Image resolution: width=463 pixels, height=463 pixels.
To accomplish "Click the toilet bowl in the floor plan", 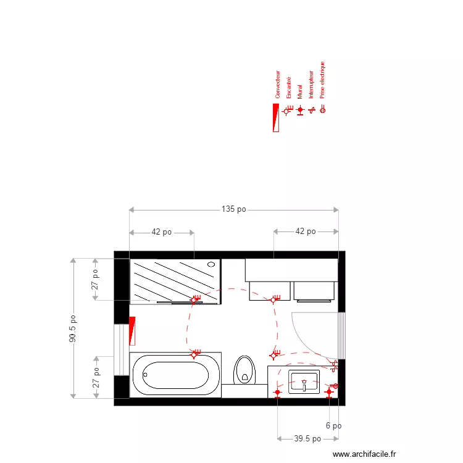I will (x=245, y=370).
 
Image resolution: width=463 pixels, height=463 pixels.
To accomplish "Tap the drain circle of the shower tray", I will (x=211, y=264).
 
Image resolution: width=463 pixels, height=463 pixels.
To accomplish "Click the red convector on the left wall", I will (x=131, y=331).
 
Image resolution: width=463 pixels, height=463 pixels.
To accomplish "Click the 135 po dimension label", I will (x=233, y=209).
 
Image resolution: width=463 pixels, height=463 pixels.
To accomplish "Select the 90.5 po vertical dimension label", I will (x=73, y=329).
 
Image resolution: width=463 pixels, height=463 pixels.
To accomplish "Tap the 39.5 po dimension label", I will (x=307, y=439).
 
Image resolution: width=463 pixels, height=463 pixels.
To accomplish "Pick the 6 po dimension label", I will (x=333, y=425).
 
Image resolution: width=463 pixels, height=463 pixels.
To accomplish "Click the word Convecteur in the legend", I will (x=278, y=85).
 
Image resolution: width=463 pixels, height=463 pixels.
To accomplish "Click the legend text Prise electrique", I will (x=322, y=80).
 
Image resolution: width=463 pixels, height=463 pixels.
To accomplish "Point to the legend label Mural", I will (x=300, y=92).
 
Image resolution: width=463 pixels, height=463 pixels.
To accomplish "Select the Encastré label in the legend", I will (x=289, y=88).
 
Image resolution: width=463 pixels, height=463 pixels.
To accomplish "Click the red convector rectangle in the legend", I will (x=275, y=117).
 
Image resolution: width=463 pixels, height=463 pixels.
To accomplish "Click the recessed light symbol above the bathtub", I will (x=194, y=354).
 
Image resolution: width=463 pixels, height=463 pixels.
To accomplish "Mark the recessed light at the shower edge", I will (x=195, y=299).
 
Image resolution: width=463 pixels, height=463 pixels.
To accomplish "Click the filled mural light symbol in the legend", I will (x=300, y=110).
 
